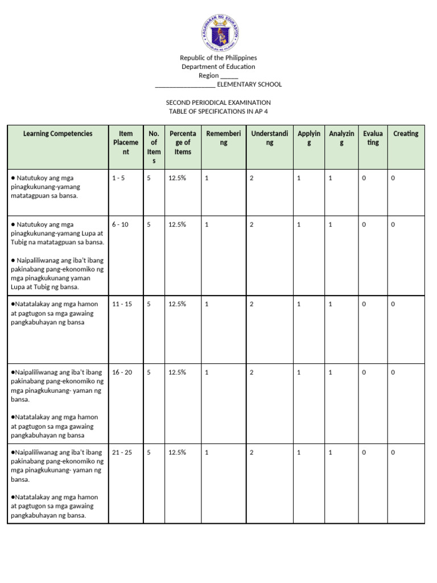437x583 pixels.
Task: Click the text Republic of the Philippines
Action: coord(218,58)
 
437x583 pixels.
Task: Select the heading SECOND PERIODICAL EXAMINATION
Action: coord(218,102)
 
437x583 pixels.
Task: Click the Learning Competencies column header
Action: coord(57,134)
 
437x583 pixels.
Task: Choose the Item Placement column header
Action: coord(126,143)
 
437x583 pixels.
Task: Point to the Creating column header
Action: coord(406,134)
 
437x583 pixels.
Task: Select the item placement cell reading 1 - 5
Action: coord(119,178)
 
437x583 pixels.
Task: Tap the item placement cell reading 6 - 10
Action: coord(121,224)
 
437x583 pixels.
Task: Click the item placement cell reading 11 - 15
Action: coord(122,304)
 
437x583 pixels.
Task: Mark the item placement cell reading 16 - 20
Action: coord(122,372)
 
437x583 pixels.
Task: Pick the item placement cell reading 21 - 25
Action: coord(122,452)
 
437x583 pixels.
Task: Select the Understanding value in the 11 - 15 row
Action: coord(252,304)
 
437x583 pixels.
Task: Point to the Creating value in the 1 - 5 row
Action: coord(393,178)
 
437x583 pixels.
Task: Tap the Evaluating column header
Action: coord(373,138)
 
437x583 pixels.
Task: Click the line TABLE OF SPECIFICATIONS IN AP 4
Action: coord(218,112)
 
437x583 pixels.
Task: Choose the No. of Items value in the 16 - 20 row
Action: coord(149,372)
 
